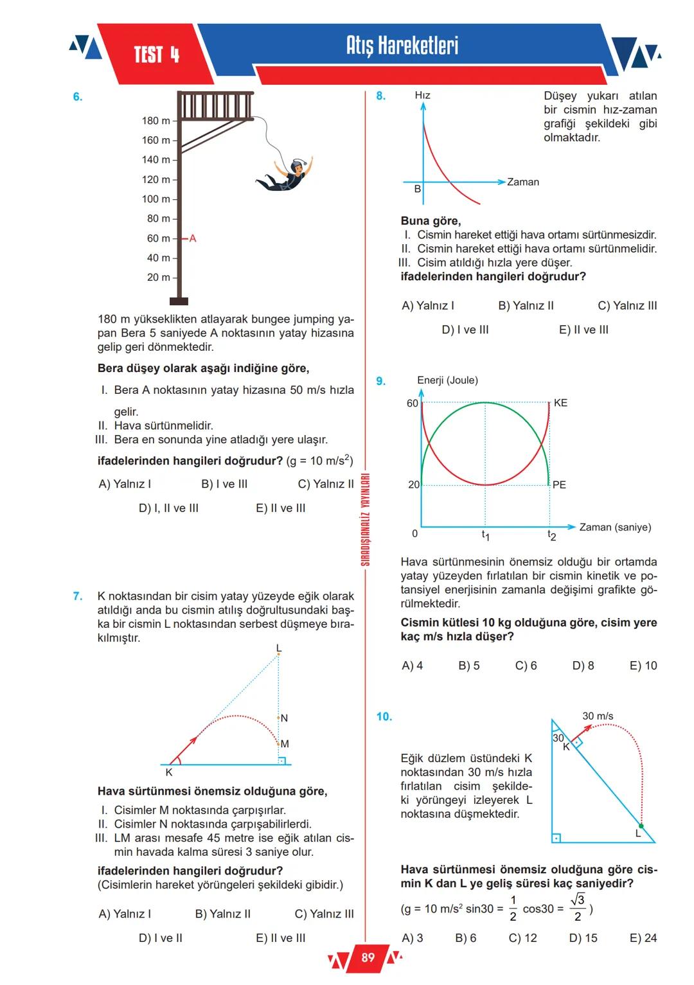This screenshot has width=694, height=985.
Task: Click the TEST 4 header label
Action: point(156,55)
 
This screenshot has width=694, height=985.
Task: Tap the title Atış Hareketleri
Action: point(402,46)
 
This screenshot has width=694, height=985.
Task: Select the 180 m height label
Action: point(156,121)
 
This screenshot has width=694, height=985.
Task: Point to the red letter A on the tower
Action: point(193,238)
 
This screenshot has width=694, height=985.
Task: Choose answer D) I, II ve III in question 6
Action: point(168,508)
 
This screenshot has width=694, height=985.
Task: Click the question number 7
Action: point(78,596)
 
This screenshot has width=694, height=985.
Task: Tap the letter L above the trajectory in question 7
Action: point(278,648)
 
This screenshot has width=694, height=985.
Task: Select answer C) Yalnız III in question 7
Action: point(324,914)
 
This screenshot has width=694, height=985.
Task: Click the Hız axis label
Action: point(422,96)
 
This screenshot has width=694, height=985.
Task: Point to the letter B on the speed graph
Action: point(418,189)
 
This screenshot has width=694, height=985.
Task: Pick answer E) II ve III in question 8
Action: point(583,330)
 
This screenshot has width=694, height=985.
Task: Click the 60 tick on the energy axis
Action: point(413,404)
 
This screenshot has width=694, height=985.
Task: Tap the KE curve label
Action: point(560,403)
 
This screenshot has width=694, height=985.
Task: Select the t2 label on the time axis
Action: point(551,535)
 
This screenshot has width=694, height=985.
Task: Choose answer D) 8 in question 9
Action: point(583,666)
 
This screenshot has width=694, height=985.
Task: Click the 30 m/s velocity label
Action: point(598,716)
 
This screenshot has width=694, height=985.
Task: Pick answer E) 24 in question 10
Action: point(643,938)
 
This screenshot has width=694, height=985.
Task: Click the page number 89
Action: point(368,958)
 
